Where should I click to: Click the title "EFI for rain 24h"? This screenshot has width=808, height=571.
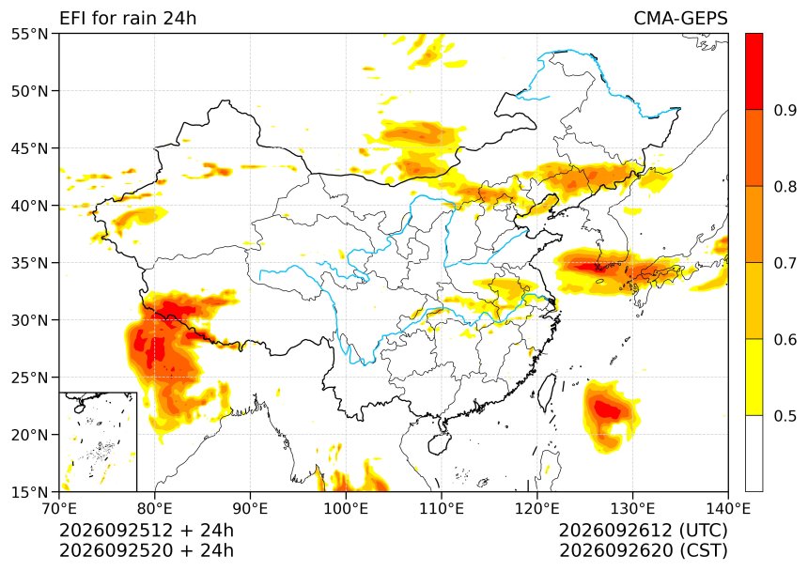[128, 18]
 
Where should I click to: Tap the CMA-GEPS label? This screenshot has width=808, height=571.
[680, 18]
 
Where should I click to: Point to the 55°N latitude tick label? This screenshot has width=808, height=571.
[29, 34]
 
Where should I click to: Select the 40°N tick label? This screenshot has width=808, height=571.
[29, 206]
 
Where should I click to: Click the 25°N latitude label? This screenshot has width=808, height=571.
[29, 378]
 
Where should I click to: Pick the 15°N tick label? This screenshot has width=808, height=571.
[29, 492]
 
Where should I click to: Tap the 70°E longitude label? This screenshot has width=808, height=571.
[59, 509]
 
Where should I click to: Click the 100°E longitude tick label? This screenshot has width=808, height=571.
[346, 509]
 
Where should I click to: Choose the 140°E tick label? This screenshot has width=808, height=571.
[727, 509]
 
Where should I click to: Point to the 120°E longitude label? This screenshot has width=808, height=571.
[537, 509]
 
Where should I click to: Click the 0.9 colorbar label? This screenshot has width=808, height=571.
[785, 110]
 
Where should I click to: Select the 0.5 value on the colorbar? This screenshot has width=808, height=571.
[785, 415]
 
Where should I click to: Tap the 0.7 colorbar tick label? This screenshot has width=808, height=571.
[785, 263]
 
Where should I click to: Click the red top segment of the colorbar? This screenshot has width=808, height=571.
[754, 71]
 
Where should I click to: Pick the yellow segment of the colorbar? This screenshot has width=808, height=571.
[754, 377]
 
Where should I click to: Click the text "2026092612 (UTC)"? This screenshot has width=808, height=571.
[643, 530]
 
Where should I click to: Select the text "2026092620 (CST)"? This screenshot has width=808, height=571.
[643, 550]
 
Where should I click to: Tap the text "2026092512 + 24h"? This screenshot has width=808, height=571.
[147, 530]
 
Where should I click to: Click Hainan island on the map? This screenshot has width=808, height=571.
[440, 443]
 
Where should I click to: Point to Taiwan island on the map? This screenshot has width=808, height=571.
[548, 393]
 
